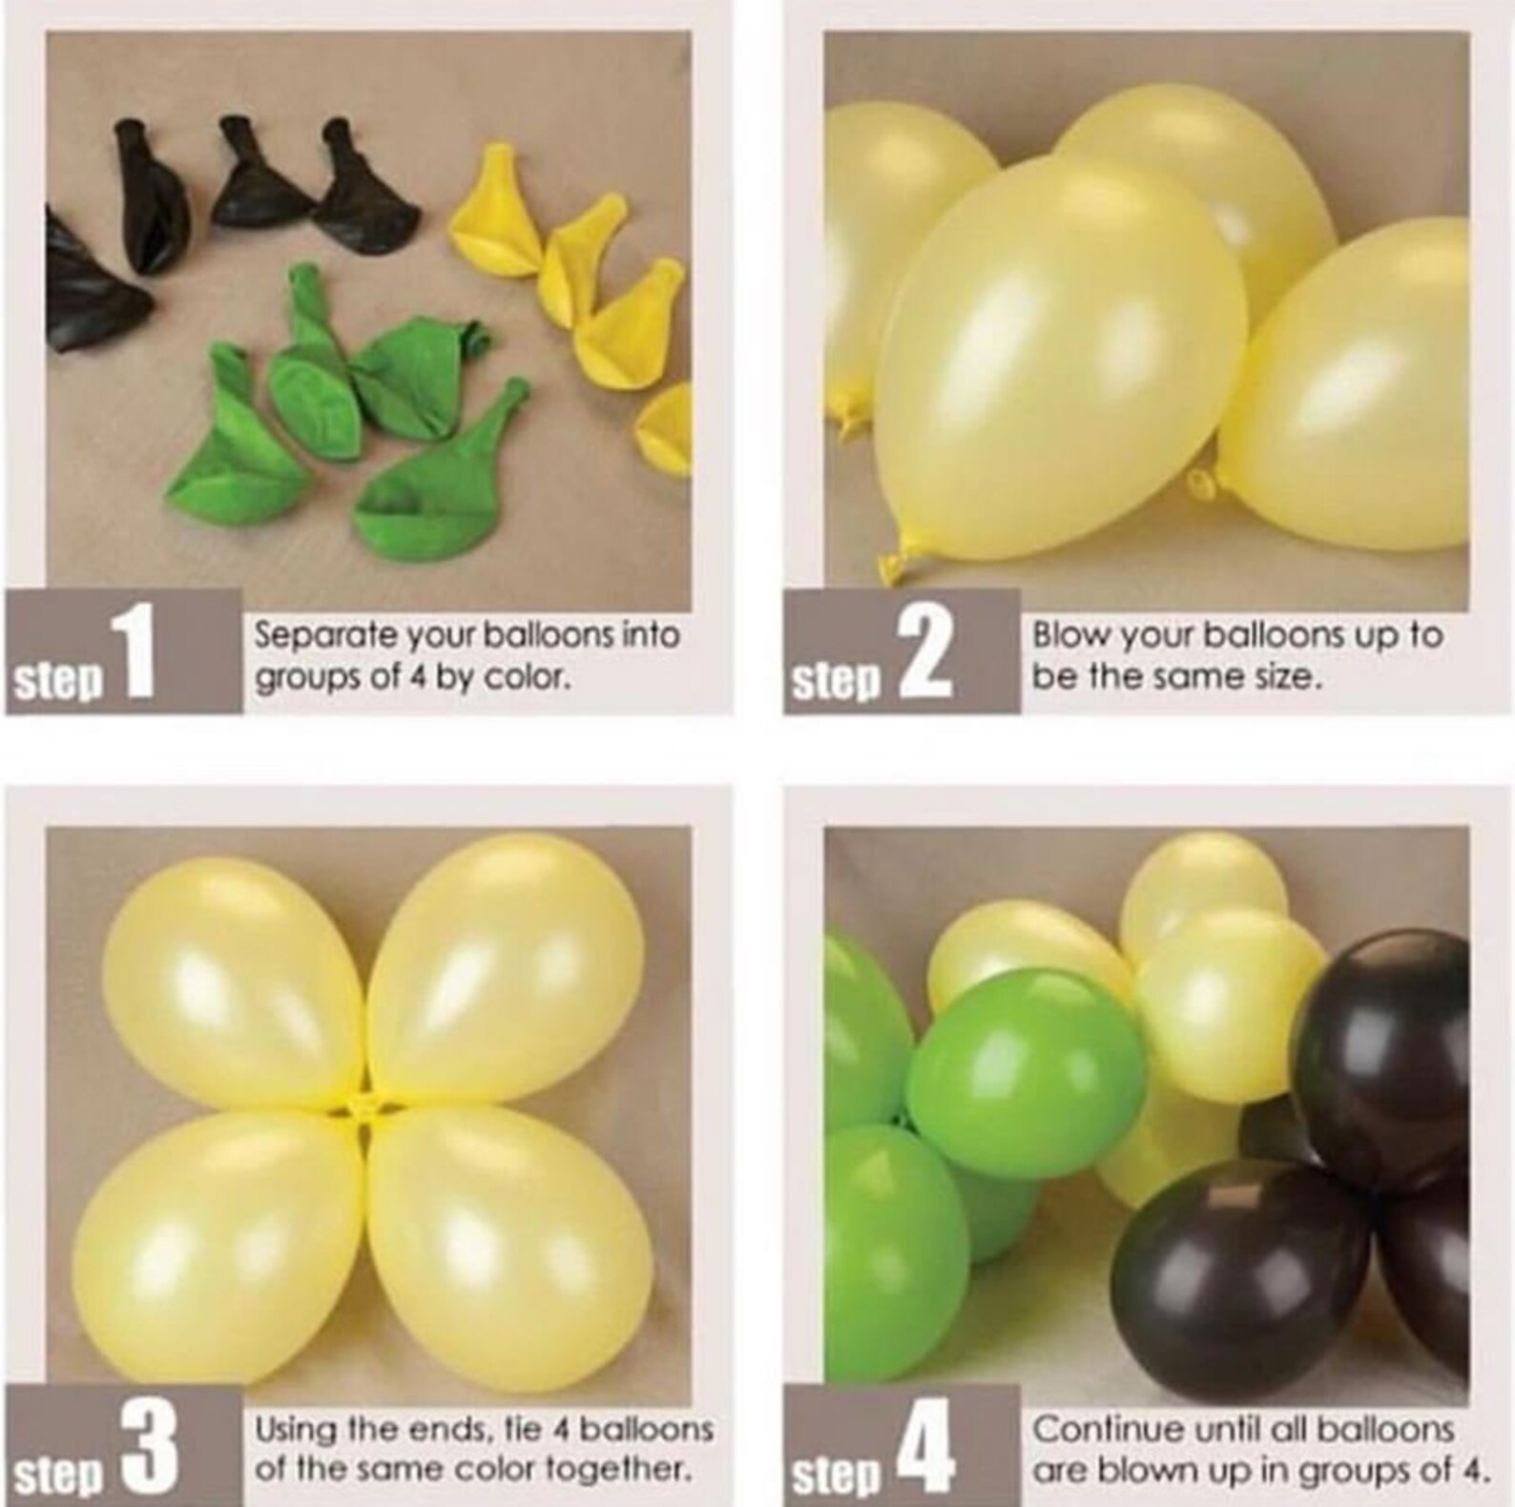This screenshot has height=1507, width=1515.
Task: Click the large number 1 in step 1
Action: [x=135, y=654]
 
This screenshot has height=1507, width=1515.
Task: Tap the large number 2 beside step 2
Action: [x=924, y=654]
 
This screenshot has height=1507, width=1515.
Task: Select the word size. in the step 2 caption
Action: [x=1291, y=678]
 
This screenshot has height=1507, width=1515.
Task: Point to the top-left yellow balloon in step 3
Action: [x=229, y=982]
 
